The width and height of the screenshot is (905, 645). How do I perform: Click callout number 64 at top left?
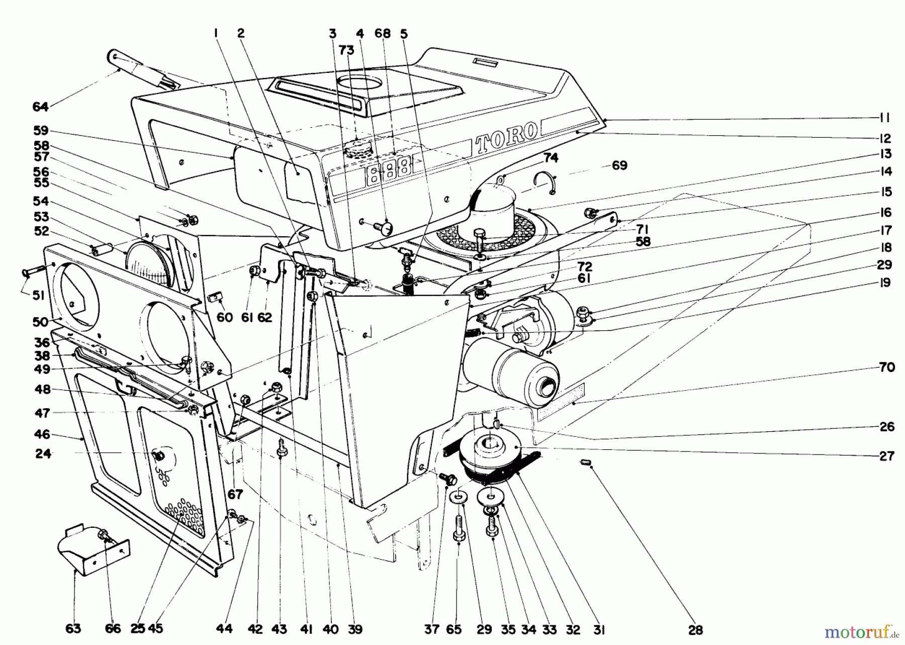pyautogui.click(x=40, y=107)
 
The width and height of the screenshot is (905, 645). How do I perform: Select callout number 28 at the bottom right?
pyautogui.click(x=695, y=629)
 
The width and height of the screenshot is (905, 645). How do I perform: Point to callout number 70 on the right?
pyautogui.click(x=887, y=367)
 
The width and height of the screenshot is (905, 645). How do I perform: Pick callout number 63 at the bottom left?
pyautogui.click(x=73, y=629)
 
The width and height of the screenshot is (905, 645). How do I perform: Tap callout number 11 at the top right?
pyautogui.click(x=884, y=118)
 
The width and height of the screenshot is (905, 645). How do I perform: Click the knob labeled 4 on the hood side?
pyautogui.click(x=386, y=229)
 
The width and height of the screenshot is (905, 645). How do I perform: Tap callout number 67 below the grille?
pyautogui.click(x=235, y=494)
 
